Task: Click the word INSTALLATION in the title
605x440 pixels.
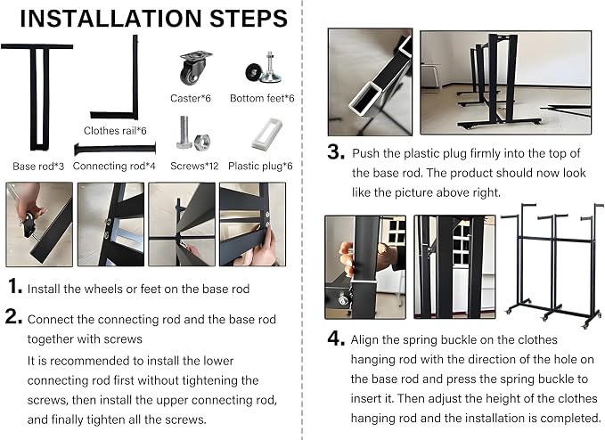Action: (110, 18)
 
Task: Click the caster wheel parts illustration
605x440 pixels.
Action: (196, 68)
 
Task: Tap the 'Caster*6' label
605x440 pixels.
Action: (191, 98)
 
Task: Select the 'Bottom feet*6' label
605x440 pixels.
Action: (262, 98)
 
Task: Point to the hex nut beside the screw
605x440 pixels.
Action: (202, 142)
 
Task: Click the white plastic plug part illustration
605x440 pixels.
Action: (267, 133)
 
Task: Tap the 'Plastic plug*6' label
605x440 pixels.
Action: (260, 167)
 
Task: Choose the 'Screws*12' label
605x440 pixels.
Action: (194, 167)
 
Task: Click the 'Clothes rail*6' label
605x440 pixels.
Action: (115, 131)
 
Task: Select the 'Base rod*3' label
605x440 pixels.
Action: (38, 167)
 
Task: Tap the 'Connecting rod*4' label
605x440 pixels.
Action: (114, 167)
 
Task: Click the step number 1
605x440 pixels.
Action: (14, 287)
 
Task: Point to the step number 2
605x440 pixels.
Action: (13, 316)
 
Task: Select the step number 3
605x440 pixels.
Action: (336, 151)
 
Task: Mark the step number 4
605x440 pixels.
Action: (336, 338)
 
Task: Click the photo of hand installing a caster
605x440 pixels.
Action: (39, 224)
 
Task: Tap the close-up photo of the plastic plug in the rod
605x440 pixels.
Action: (370, 82)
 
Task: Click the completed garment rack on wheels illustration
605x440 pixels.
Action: (552, 265)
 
